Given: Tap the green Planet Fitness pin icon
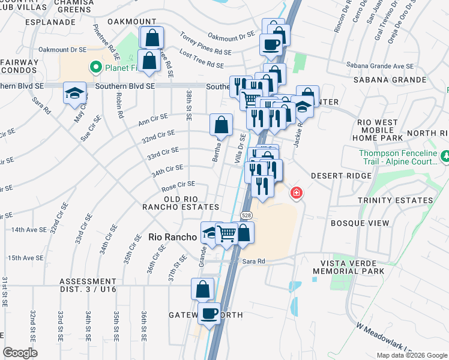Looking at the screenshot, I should click(94, 67).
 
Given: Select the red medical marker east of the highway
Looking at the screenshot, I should click(296, 193).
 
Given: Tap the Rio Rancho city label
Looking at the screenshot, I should click(172, 238).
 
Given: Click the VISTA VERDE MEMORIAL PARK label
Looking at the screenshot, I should click(352, 268).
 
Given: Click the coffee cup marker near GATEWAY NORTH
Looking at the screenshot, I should click(209, 312).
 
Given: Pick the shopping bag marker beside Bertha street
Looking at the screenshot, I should click(221, 125).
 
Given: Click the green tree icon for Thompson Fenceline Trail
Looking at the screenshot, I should click(445, 157).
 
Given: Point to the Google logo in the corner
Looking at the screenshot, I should click(20, 353).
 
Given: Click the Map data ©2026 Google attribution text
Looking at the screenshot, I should click(411, 355).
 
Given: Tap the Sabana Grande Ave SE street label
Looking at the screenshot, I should click(379, 67).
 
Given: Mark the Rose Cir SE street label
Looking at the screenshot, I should click(178, 184).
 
